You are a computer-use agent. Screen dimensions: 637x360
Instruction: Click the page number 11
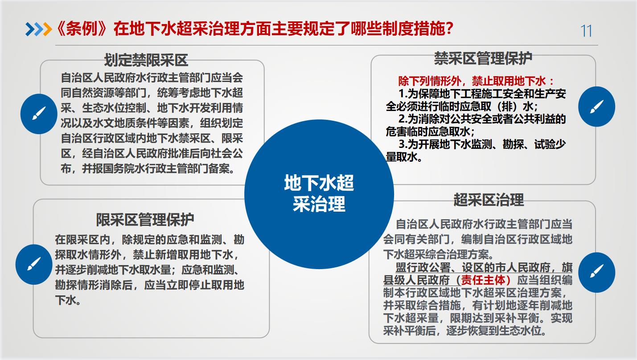pyautogui.click(x=586, y=31)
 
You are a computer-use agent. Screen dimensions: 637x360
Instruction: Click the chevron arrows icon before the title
pyautogui.click(x=39, y=29)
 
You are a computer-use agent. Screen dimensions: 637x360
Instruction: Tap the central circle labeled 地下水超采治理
pyautogui.click(x=319, y=194)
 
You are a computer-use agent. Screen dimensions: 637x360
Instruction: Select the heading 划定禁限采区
pyautogui.click(x=146, y=60)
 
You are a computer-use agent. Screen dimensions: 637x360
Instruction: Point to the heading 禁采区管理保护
pyautogui.click(x=483, y=58)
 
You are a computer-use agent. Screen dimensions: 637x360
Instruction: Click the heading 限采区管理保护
pyautogui.click(x=145, y=220)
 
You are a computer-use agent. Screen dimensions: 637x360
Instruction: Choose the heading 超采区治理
pyautogui.click(x=489, y=200)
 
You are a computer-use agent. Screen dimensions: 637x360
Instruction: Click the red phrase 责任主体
pyautogui.click(x=483, y=280)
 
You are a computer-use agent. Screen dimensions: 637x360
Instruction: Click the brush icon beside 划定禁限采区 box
pyautogui.click(x=39, y=114)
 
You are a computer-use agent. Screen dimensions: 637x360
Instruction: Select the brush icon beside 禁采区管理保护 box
pyautogui.click(x=596, y=106)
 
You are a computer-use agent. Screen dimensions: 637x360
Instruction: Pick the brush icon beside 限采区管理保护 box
pyautogui.click(x=34, y=264)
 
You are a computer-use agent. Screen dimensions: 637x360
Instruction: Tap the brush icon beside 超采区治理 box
pyautogui.click(x=596, y=272)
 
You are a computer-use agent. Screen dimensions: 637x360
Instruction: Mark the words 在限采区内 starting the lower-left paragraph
pyautogui.click(x=83, y=240)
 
